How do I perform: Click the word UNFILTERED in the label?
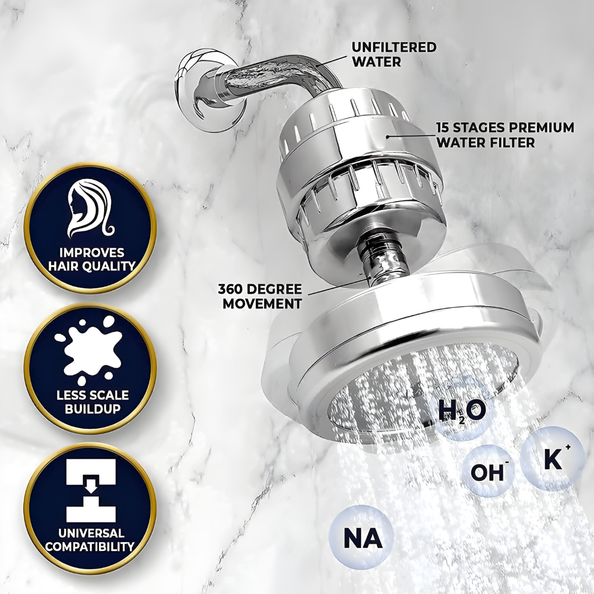(394, 47)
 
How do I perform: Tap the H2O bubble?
(462, 413)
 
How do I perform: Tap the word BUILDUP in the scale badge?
(93, 409)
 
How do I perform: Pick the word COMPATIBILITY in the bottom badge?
(90, 546)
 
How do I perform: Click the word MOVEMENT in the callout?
(262, 303)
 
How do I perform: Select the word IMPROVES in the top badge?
(92, 252)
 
